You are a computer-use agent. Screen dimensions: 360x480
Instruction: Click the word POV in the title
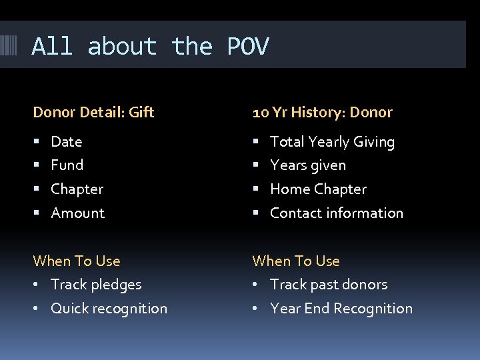tap(248, 47)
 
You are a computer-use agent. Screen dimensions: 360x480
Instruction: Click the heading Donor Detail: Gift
tap(93, 113)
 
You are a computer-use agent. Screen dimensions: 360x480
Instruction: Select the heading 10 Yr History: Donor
tap(322, 113)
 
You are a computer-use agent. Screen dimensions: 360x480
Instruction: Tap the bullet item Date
tap(67, 141)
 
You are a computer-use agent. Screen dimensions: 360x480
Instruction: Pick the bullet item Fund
tap(67, 165)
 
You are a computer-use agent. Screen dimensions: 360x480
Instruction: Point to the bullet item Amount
tap(78, 213)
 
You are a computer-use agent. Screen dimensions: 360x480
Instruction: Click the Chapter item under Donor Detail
tap(77, 189)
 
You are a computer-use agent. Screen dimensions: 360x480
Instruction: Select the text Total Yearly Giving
tap(332, 141)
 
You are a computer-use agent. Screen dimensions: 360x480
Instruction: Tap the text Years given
tap(308, 165)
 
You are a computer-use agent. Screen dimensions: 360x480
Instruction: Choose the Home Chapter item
tap(318, 189)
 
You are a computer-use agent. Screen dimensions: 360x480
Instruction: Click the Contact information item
tap(337, 213)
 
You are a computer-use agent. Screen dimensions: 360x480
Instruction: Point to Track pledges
tap(96, 284)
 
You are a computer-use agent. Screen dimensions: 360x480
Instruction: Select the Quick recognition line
tap(109, 308)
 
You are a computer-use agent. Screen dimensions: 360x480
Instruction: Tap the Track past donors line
tap(329, 284)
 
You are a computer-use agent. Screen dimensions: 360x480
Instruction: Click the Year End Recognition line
tap(341, 308)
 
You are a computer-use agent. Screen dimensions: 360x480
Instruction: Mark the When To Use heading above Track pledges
tap(77, 261)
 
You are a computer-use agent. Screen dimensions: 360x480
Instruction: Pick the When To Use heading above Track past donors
tap(296, 261)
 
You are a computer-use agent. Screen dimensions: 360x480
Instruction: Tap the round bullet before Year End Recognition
tap(256, 309)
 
